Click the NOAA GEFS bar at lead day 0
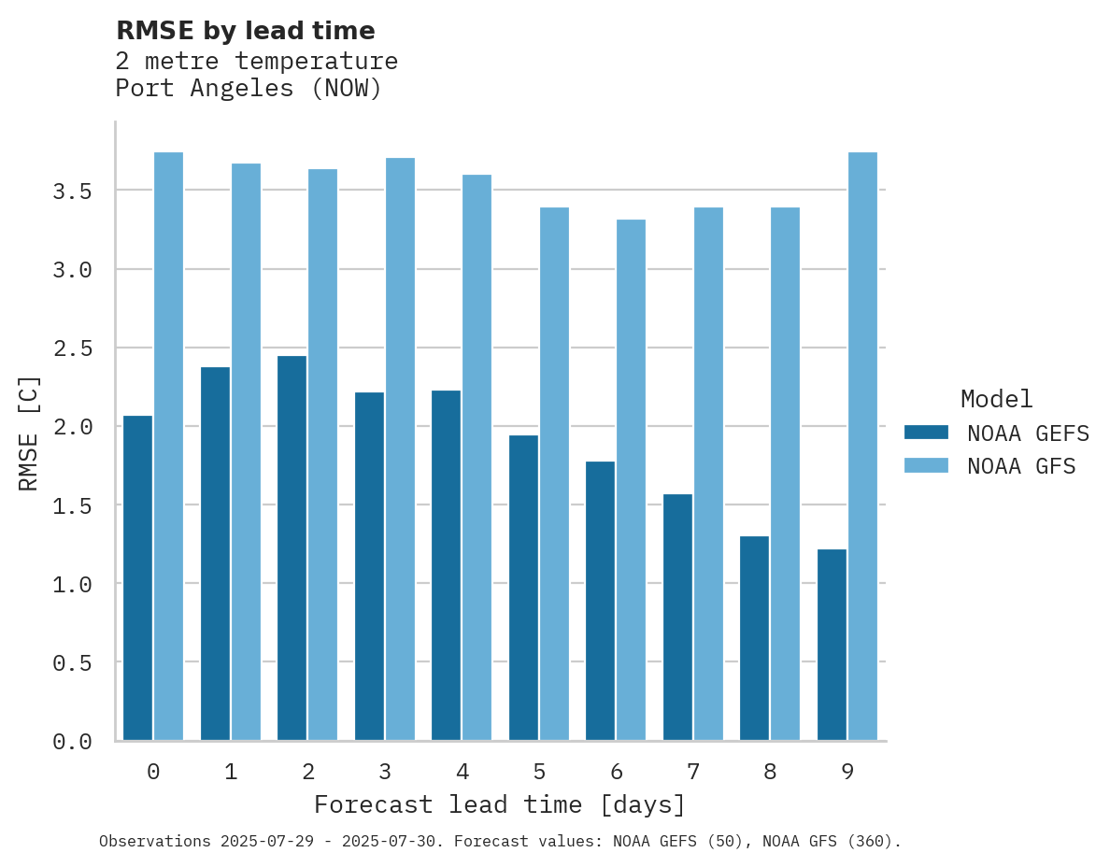pyautogui.click(x=137, y=578)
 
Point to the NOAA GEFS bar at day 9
pyautogui.click(x=832, y=645)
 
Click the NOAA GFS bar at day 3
pyautogui.click(x=400, y=449)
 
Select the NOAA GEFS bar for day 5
pyautogui.click(x=523, y=588)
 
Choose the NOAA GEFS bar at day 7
pyautogui.click(x=677, y=617)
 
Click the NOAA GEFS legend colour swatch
pyautogui.click(x=926, y=433)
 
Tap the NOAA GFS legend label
pyautogui.click(x=1021, y=466)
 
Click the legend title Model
pyautogui.click(x=996, y=399)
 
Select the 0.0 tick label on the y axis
pyautogui.click(x=72, y=742)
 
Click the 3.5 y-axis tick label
pyautogui.click(x=72, y=192)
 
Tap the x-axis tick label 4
pyautogui.click(x=462, y=772)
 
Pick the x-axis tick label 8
pyautogui.click(x=770, y=772)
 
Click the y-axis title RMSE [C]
pyautogui.click(x=29, y=433)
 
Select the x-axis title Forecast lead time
pyautogui.click(x=500, y=804)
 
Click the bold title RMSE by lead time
pyautogui.click(x=245, y=31)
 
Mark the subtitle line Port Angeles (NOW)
pyautogui.click(x=249, y=89)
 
